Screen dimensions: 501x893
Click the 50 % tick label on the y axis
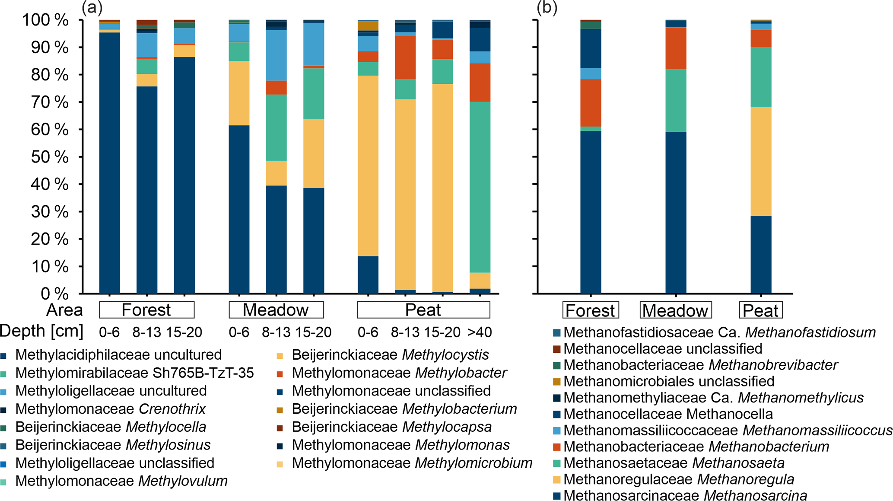[x=49, y=157]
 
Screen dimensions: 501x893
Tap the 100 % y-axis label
[x=45, y=20]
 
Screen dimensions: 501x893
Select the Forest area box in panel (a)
[x=146, y=310]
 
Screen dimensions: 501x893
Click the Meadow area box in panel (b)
[x=675, y=310]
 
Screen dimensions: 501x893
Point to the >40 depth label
[x=480, y=332]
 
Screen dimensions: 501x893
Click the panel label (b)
[x=547, y=7]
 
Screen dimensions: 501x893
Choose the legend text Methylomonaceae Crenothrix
[x=110, y=408]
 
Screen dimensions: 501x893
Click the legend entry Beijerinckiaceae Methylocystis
[x=390, y=354]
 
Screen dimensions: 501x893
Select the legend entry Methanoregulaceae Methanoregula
[x=678, y=479]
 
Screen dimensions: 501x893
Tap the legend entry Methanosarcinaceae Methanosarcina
[x=685, y=495]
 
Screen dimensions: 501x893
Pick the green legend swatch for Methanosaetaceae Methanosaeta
[x=556, y=463]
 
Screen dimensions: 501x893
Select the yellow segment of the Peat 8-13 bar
[x=405, y=195]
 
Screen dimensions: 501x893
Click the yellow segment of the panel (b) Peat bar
[x=761, y=161]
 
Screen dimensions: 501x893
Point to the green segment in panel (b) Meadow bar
[x=676, y=100]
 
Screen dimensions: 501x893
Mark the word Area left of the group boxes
[x=64, y=310]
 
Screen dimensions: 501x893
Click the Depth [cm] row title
[x=41, y=331]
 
